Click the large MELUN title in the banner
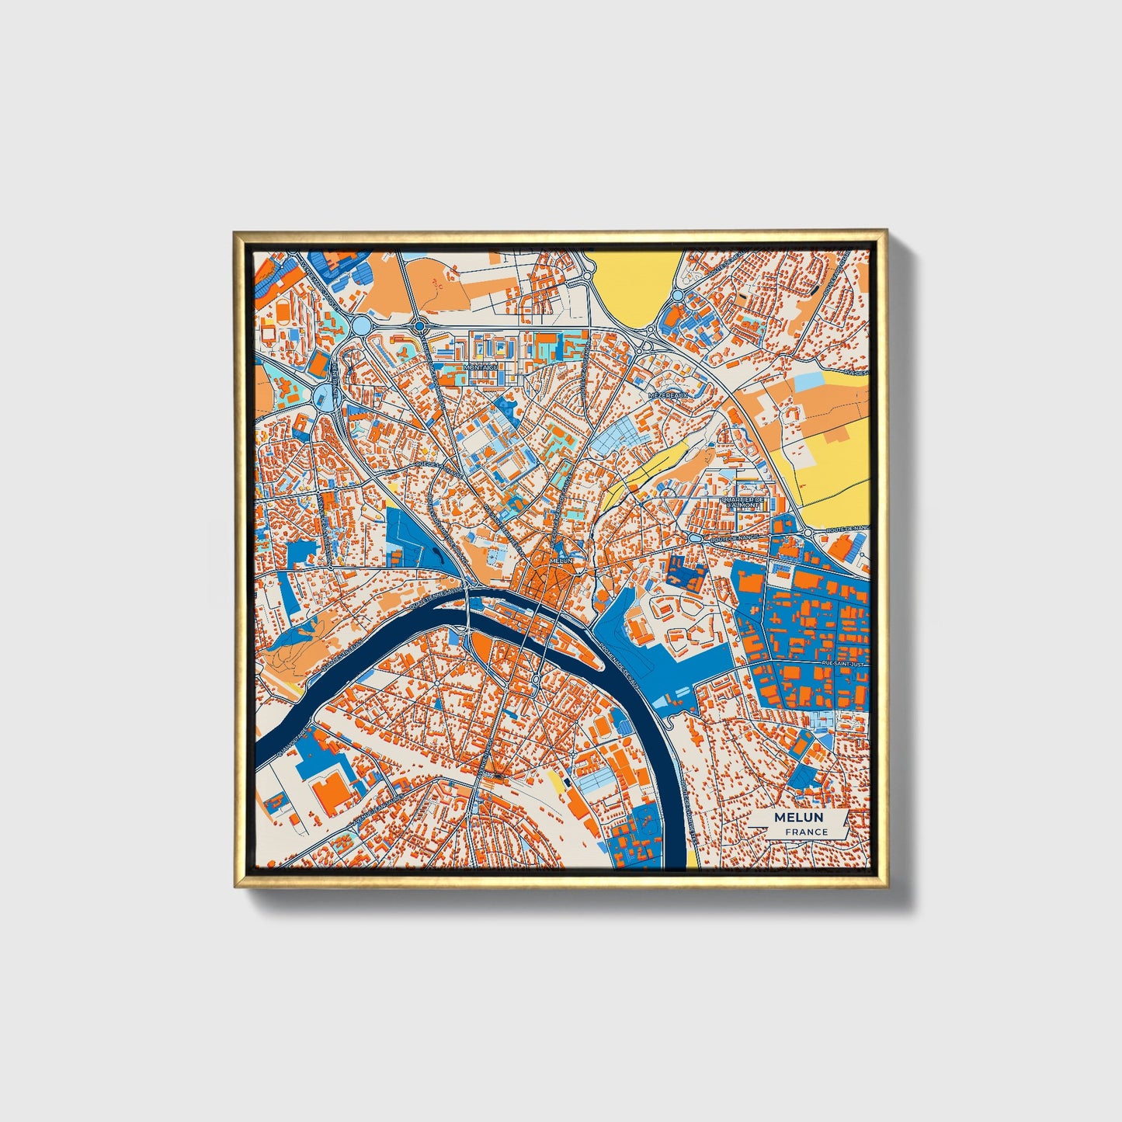798,818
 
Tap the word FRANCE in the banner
806,832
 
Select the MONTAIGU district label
478,367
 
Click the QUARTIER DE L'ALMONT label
743,502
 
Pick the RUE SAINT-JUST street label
842,665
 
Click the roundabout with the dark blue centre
419,327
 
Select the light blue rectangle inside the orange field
808,381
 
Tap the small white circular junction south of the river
536,679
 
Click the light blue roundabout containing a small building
321,396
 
